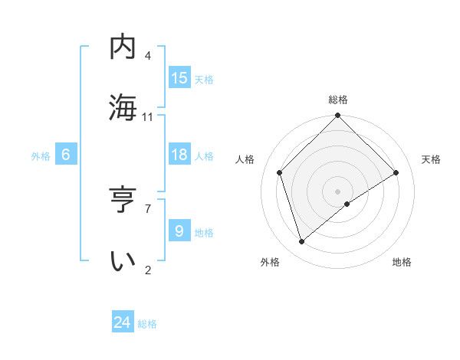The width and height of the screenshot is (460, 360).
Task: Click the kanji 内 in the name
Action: tap(123, 47)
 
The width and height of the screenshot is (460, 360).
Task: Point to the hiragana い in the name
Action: tap(123, 260)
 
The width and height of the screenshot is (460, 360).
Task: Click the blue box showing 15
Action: tap(179, 78)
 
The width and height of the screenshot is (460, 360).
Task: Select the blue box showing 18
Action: tap(179, 155)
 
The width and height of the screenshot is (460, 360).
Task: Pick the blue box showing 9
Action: tap(179, 231)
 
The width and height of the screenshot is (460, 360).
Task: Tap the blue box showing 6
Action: tap(66, 155)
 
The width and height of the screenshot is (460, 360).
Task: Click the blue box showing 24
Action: tap(123, 322)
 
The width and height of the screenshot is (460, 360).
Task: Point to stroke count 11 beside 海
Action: tap(148, 117)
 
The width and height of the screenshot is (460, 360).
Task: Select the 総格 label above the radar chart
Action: tap(338, 100)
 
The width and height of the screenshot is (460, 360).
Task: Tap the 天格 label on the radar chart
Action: tap(431, 159)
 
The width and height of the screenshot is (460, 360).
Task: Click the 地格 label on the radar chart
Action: tap(402, 262)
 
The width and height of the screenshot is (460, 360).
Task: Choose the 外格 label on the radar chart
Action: tap(270, 262)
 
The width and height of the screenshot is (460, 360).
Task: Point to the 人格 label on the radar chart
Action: tap(245, 159)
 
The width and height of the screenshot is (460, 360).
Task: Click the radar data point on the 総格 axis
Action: tap(338, 116)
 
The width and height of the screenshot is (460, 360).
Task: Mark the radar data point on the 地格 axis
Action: tap(347, 204)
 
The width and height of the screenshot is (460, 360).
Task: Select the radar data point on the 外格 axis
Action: tap(302, 241)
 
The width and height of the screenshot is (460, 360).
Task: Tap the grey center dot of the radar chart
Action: tap(338, 191)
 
